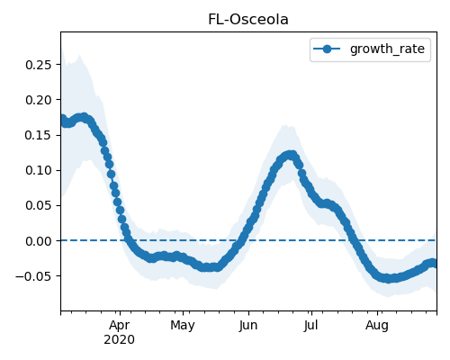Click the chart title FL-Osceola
pos(248,20)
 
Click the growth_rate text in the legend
pos(387,49)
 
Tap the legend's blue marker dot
pos(327,49)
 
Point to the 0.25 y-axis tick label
pos(39,65)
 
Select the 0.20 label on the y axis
pos(39,100)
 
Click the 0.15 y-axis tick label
pos(39,135)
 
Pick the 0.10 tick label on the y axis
pos(39,170)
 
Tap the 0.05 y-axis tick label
pos(39,206)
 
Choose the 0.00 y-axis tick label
pos(39,241)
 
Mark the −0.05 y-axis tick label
pos(33,276)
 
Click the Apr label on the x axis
pos(120,326)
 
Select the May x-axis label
pos(183,326)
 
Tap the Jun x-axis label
pos(248,326)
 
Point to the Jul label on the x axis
pos(310,326)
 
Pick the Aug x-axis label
pos(377,326)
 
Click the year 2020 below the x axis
pos(119,340)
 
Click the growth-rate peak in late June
pos(290,155)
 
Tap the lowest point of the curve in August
pos(389,279)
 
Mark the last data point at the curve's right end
pos(434,264)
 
